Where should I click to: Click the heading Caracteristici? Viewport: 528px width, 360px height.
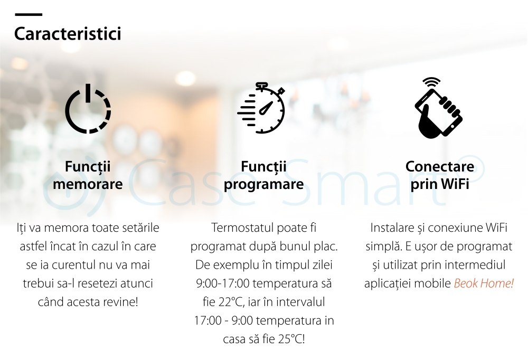pyautogui.click(x=68, y=34)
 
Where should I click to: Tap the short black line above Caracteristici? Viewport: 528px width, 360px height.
pyautogui.click(x=29, y=14)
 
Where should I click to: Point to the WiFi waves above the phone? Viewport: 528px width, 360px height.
pyautogui.click(x=432, y=82)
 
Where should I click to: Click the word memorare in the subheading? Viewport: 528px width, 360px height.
pyautogui.click(x=88, y=184)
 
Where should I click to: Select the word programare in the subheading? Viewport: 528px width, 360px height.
pyautogui.click(x=263, y=184)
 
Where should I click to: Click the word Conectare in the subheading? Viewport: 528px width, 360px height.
pyautogui.click(x=440, y=166)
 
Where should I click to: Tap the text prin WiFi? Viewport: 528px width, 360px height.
pyautogui.click(x=440, y=184)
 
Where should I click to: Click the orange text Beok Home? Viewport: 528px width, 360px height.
pyautogui.click(x=484, y=283)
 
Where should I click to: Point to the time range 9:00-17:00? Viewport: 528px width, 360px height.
pyautogui.click(x=223, y=283)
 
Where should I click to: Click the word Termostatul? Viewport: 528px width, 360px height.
pyautogui.click(x=241, y=228)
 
